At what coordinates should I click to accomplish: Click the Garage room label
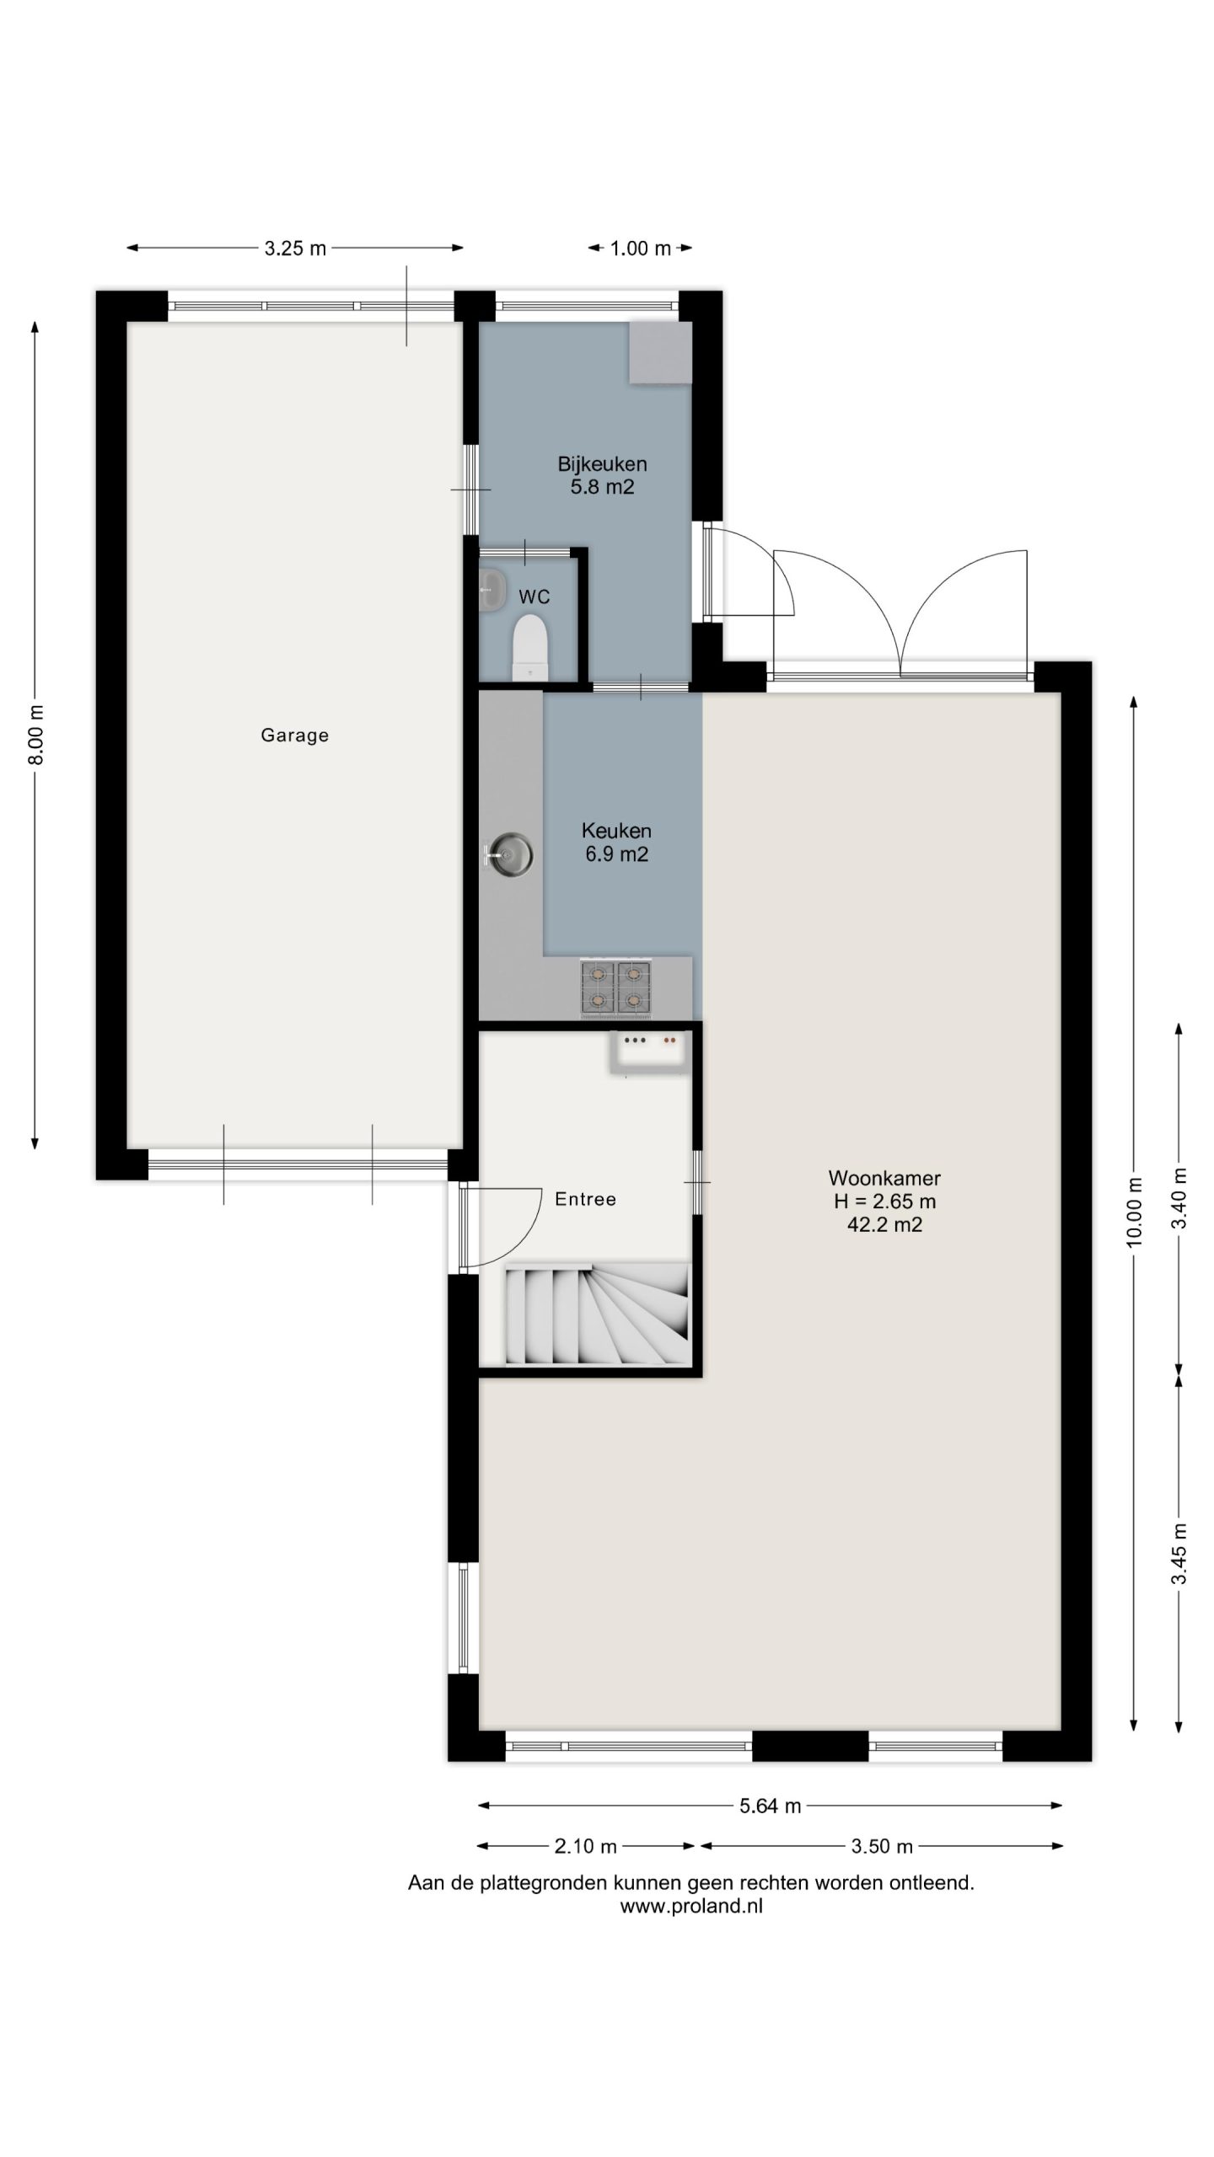click(x=294, y=736)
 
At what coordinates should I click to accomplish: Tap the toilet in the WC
click(x=530, y=647)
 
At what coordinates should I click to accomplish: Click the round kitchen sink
click(x=509, y=856)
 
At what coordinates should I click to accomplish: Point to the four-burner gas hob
click(x=615, y=988)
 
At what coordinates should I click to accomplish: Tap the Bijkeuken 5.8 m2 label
click(x=602, y=475)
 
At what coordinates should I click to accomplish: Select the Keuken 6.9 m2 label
click(x=616, y=843)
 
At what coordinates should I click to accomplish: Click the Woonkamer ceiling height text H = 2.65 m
click(x=884, y=1202)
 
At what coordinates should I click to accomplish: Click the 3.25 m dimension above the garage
click(x=295, y=248)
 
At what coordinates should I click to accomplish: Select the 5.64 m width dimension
click(x=771, y=1805)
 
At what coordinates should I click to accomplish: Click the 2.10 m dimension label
click(x=585, y=1846)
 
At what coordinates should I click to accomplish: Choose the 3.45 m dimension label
click(x=1179, y=1555)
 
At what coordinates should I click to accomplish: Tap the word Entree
click(x=585, y=1199)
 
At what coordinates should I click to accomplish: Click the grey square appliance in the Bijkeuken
click(x=660, y=353)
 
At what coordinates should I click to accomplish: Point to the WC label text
click(x=534, y=597)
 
